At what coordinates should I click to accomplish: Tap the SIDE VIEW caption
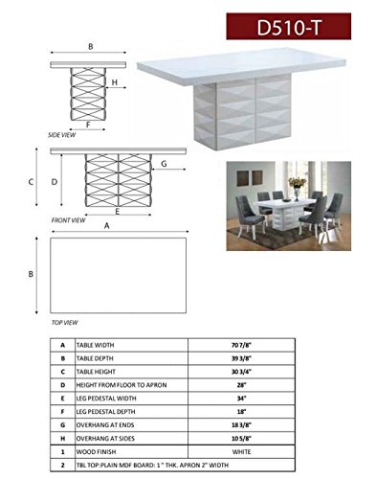pyautogui.click(x=61, y=136)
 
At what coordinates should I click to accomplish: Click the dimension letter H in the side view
pyautogui.click(x=114, y=83)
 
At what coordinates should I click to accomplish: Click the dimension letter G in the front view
pyautogui.click(x=166, y=164)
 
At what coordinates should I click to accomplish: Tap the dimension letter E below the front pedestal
pyautogui.click(x=117, y=211)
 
